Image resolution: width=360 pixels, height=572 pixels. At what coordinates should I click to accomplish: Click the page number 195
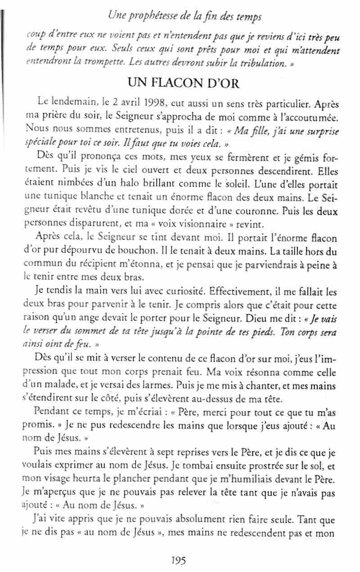[x=179, y=560]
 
